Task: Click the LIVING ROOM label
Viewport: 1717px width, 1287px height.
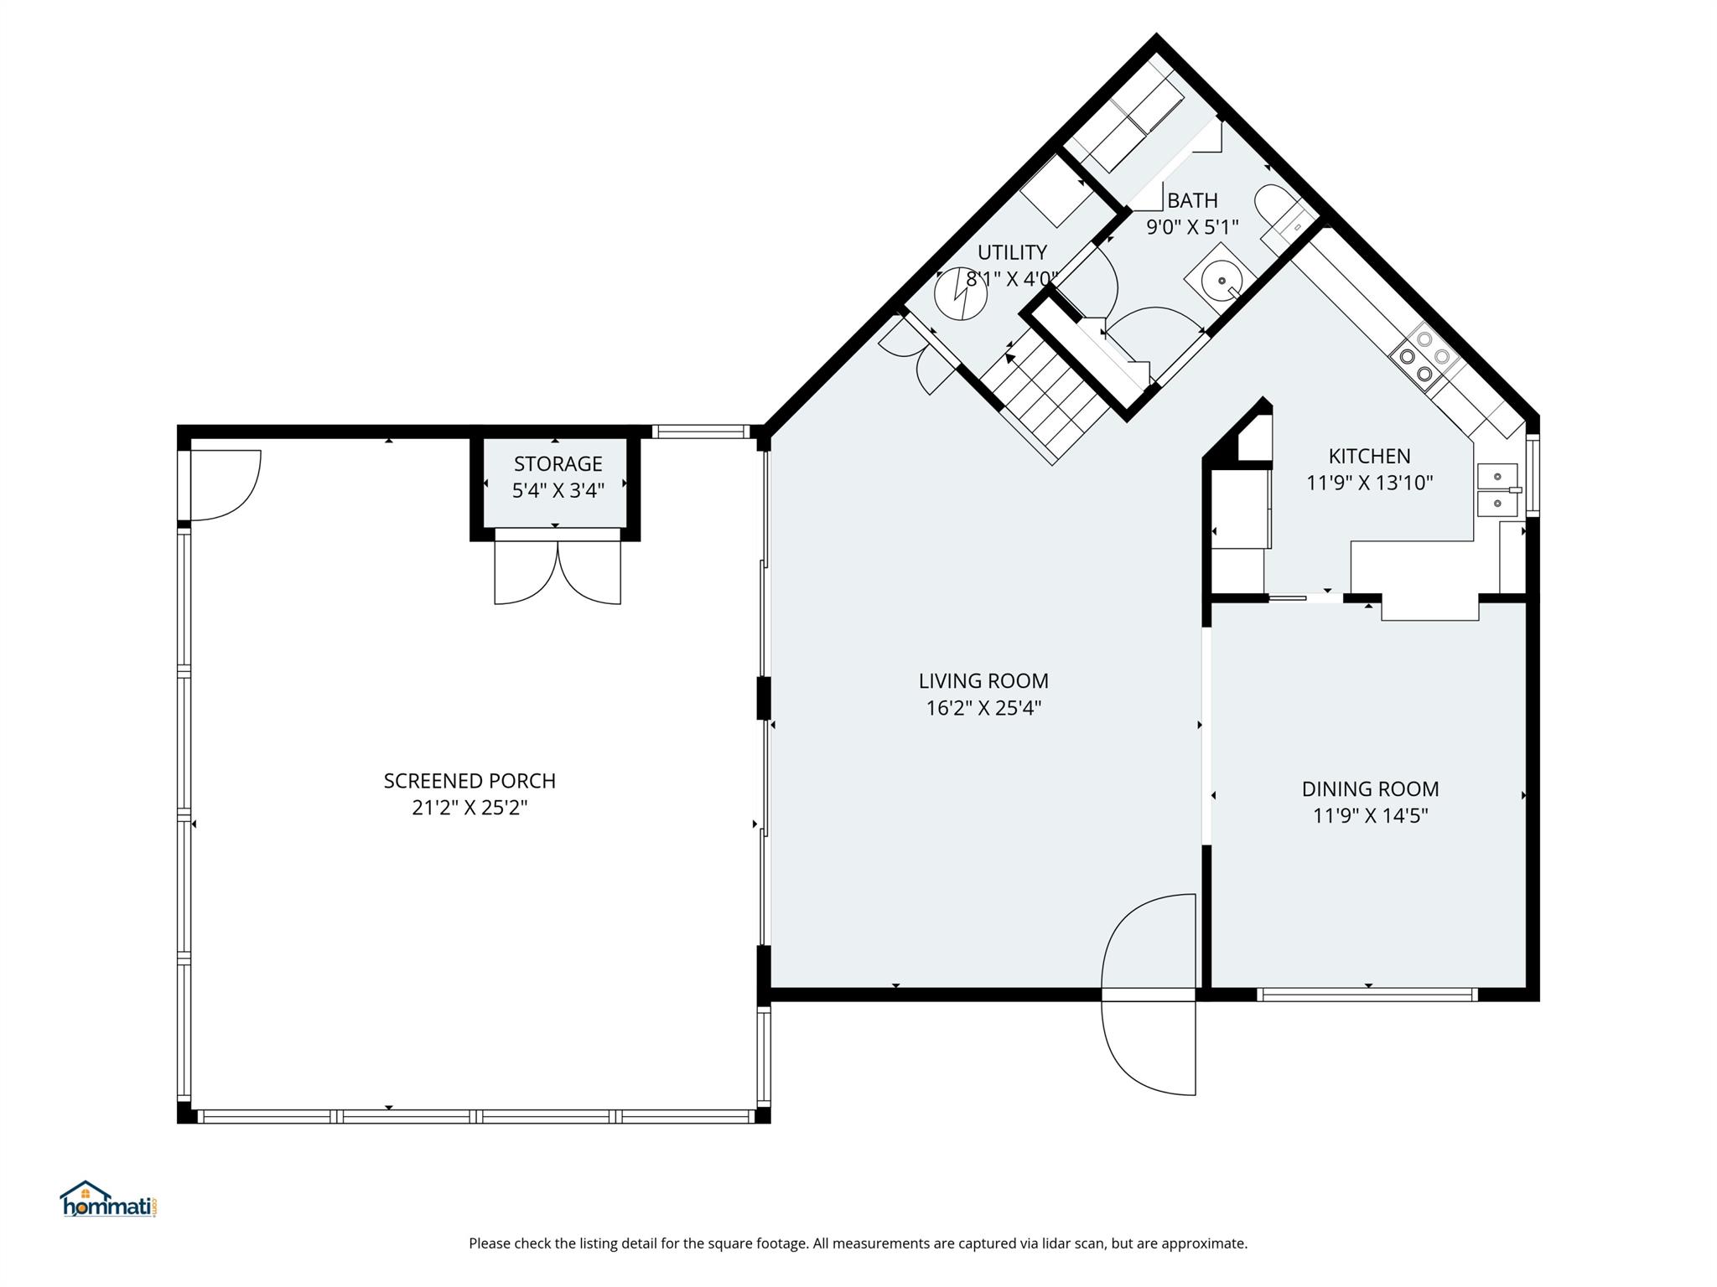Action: [983, 681]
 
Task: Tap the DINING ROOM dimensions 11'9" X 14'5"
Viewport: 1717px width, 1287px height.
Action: [1370, 815]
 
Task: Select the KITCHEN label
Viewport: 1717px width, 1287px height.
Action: [1369, 457]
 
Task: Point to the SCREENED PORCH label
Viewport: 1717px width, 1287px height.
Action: [469, 781]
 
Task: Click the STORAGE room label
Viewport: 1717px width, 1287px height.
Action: [558, 464]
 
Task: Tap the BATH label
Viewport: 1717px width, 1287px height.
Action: [1192, 201]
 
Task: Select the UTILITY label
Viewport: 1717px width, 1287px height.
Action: [1012, 252]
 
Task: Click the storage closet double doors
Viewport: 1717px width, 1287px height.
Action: [558, 571]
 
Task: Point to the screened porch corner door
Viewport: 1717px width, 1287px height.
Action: [225, 484]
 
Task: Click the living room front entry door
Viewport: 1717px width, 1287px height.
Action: [1149, 995]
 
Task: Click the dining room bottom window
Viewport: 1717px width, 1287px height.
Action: [1367, 995]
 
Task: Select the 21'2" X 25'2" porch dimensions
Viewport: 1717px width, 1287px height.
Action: [469, 808]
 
